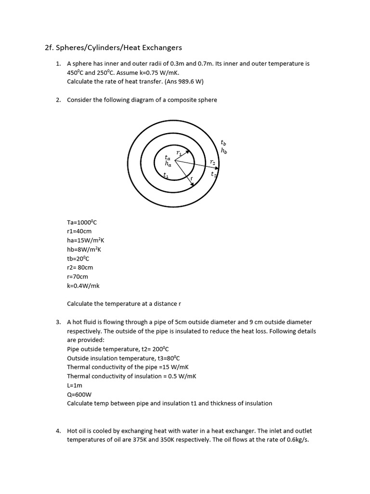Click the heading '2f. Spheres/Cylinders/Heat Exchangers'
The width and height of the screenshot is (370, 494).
(113, 47)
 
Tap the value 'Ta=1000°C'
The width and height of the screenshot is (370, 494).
(82, 222)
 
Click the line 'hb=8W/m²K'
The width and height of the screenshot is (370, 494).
(84, 249)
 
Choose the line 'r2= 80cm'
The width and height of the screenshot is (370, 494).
(80, 267)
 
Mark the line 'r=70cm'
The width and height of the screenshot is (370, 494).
(78, 276)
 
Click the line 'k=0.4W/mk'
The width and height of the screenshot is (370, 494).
(83, 286)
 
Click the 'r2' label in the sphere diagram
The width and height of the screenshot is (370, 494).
(212, 163)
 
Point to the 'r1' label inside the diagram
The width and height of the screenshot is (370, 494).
(179, 152)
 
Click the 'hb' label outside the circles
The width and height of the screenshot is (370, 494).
(224, 151)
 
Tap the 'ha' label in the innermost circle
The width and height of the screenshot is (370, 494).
(168, 164)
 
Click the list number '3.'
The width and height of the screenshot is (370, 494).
(58, 322)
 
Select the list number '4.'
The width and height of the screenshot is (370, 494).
(58, 430)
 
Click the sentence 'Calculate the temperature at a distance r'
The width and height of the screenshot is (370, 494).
(124, 303)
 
